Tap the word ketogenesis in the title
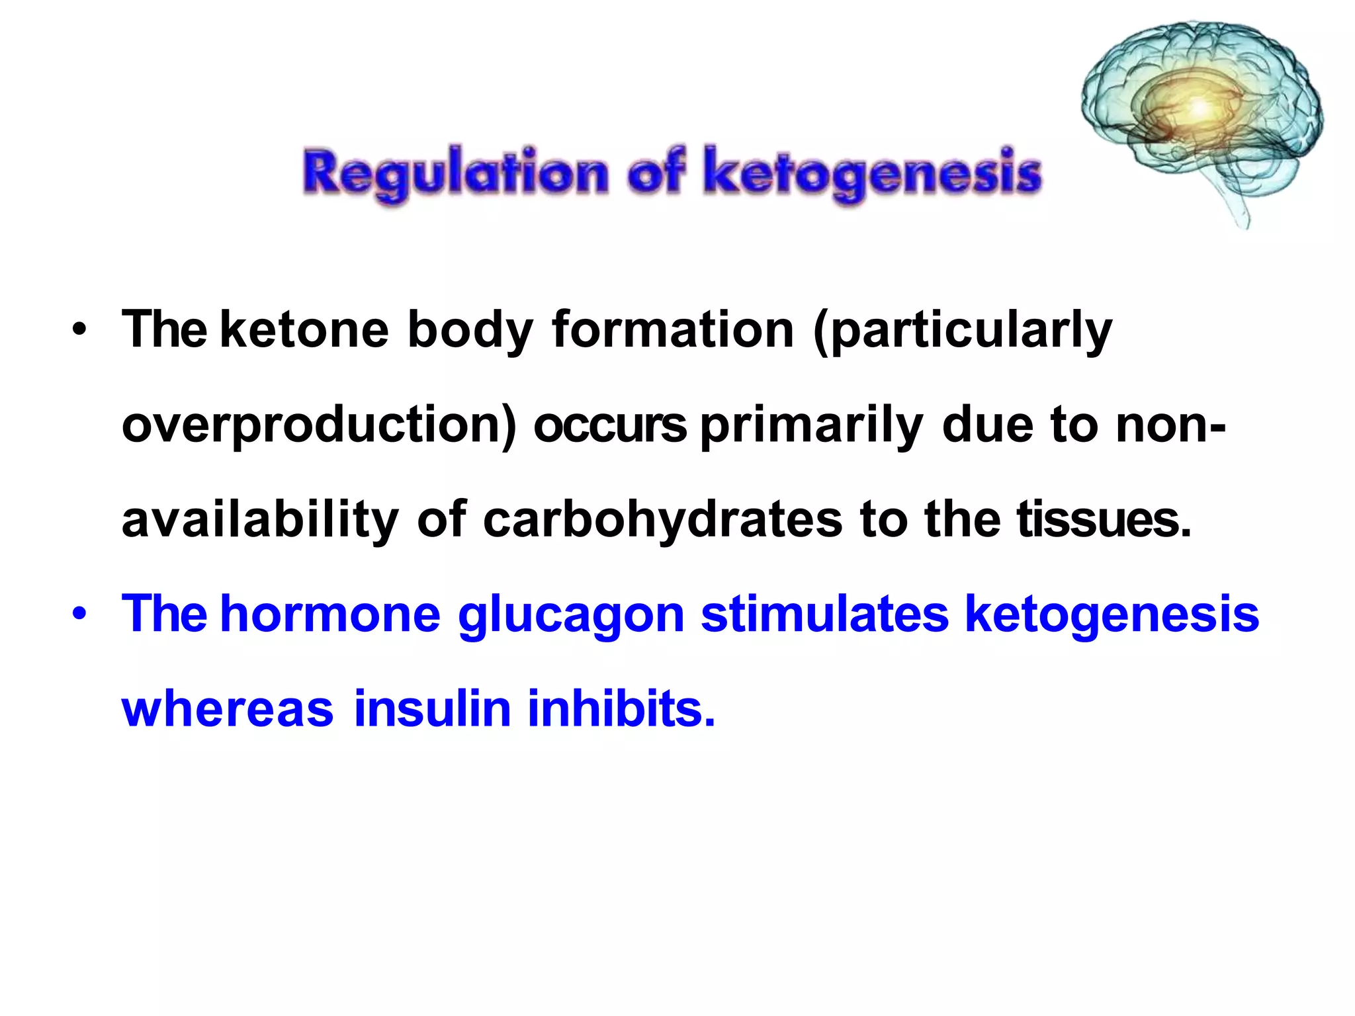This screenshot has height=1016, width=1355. point(872,173)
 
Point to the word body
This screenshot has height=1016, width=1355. point(470,331)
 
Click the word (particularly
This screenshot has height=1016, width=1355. point(963,331)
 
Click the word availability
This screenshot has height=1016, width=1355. point(260,521)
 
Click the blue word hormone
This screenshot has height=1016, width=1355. point(330,613)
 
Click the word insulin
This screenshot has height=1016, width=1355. point(433,708)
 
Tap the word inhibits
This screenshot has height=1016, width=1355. point(621,708)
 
